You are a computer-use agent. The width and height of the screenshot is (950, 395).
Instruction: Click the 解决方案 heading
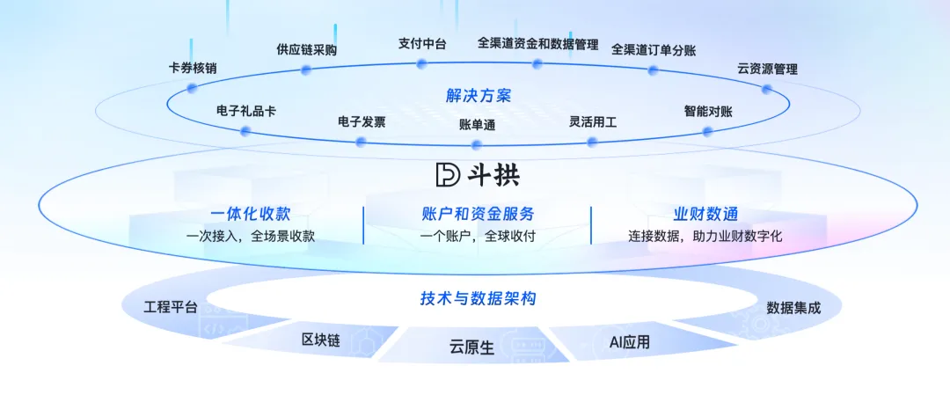[x=478, y=95]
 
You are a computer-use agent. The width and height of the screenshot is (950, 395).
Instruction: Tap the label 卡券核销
[x=193, y=68]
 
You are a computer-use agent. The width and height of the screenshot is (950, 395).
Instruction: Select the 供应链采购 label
[x=306, y=49]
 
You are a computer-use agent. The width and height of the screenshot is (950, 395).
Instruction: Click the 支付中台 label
[x=421, y=43]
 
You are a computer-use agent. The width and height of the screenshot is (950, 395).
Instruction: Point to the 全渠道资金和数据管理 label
[x=537, y=43]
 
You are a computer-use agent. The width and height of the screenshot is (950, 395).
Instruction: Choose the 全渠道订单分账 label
[x=653, y=49]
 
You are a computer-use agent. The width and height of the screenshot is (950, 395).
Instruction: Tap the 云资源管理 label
[x=767, y=69]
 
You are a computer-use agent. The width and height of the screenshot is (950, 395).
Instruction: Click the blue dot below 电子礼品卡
[x=245, y=131]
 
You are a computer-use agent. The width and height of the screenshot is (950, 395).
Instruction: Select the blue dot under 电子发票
[x=361, y=142]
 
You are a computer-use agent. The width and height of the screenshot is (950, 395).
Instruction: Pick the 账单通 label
[x=477, y=125]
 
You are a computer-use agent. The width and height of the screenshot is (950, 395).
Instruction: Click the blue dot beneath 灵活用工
[x=592, y=141]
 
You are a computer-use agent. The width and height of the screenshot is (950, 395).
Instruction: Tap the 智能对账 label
[x=708, y=112]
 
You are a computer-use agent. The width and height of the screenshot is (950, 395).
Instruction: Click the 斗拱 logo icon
[x=448, y=174]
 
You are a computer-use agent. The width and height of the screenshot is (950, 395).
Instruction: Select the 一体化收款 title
[x=250, y=214]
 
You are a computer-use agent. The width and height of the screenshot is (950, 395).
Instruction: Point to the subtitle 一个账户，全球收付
[x=478, y=236]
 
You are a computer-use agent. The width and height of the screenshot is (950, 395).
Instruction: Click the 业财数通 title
[x=705, y=214]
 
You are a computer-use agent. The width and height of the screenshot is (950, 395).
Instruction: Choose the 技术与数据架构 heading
[x=478, y=299]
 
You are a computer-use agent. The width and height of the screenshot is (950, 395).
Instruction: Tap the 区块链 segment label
[x=320, y=340]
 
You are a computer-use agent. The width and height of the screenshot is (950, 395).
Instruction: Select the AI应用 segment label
[x=629, y=341]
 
